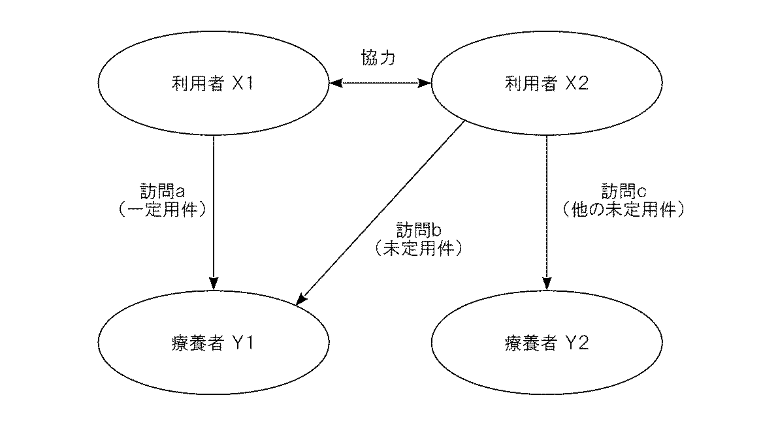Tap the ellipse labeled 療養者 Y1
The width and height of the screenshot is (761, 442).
(213, 343)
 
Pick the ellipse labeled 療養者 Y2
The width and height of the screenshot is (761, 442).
(547, 343)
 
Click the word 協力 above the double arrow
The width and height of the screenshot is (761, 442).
(378, 57)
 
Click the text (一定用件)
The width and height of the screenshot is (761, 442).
(164, 210)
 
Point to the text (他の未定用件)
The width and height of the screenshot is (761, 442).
(624, 210)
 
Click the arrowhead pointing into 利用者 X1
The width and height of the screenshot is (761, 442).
(334, 84)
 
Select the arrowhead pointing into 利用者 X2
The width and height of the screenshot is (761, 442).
(426, 84)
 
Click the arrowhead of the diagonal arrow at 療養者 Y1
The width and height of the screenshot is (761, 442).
(301, 300)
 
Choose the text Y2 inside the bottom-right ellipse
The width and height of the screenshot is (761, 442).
(577, 343)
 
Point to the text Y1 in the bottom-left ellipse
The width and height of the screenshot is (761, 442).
(242, 343)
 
